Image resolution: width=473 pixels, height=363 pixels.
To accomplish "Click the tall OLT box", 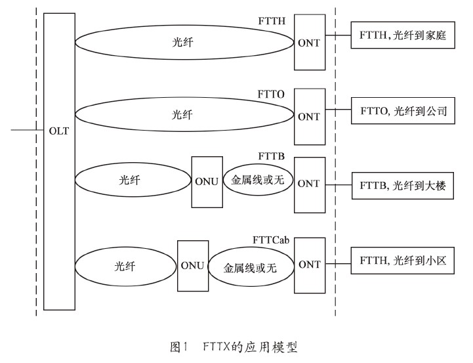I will pyautogui.click(x=58, y=161).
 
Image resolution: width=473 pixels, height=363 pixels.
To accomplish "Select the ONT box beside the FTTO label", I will pyautogui.click(x=308, y=116).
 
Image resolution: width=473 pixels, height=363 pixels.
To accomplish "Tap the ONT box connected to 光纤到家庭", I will pyautogui.click(x=308, y=42).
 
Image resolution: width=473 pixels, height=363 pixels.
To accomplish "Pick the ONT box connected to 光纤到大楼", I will pyautogui.click(x=308, y=183).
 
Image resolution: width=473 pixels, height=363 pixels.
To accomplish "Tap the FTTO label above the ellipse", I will pyautogui.click(x=272, y=94).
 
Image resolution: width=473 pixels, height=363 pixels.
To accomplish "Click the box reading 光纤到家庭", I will pyautogui.click(x=403, y=37).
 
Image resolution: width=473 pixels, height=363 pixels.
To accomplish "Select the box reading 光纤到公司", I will pyautogui.click(x=403, y=112).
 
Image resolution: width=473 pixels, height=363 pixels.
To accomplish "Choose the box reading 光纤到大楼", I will pyautogui.click(x=403, y=186).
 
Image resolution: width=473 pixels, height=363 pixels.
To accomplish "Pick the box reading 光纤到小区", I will pyautogui.click(x=403, y=261).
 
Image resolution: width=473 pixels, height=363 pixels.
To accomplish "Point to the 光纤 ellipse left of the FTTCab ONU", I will pyautogui.click(x=127, y=266).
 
